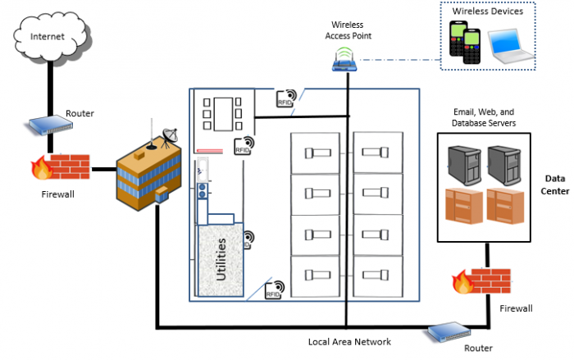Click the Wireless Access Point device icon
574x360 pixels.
pyautogui.click(x=346, y=59)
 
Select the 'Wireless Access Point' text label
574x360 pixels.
pyautogui.click(x=347, y=30)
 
